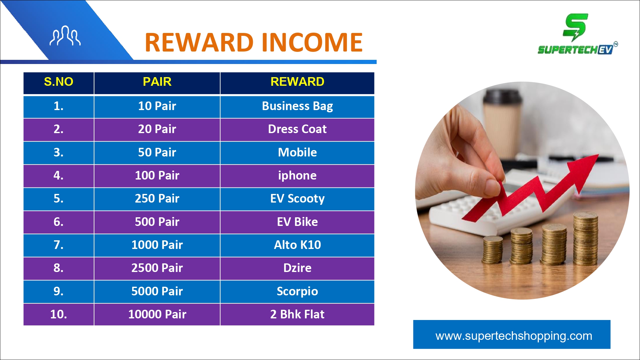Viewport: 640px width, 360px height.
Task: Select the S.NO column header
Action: point(59,82)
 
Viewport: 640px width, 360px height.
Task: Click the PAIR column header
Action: point(157,82)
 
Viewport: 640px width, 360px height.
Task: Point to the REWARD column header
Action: point(297,82)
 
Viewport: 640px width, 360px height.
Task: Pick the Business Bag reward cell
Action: point(297,106)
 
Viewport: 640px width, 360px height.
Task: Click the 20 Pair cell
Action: point(157,129)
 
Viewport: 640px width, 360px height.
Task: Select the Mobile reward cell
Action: point(297,152)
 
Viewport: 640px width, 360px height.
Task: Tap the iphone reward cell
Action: point(297,176)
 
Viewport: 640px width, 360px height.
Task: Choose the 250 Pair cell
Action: point(157,199)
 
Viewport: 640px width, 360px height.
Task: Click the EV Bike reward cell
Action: point(297,222)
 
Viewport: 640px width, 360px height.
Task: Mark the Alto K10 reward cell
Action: point(297,245)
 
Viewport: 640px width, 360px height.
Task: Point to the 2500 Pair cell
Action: point(157,268)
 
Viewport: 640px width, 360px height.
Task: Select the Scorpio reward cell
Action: point(297,292)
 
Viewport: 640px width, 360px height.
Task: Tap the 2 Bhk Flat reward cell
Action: point(297,314)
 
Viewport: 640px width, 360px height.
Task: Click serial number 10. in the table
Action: point(59,314)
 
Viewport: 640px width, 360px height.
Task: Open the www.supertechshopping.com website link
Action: point(514,336)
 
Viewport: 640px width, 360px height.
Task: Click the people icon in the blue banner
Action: point(65,36)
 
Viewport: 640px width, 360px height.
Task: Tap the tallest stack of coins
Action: point(585,238)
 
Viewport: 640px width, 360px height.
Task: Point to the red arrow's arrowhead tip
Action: point(598,155)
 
